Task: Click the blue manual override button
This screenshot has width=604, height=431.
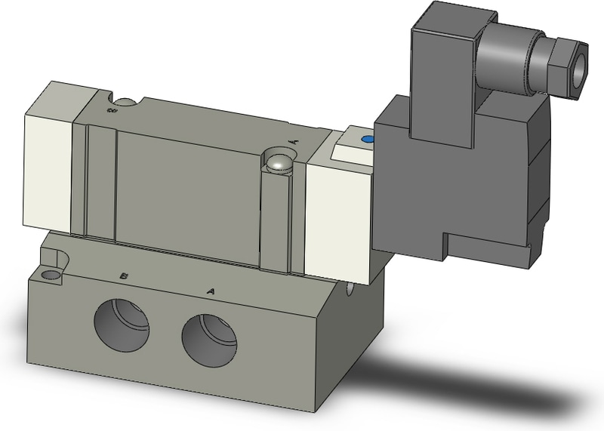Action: coord(368,140)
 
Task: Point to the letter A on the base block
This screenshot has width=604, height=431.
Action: coord(211,290)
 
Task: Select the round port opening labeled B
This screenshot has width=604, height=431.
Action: coord(122,322)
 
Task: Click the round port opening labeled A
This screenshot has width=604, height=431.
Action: coord(208,337)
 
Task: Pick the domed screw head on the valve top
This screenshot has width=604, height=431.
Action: coord(279,162)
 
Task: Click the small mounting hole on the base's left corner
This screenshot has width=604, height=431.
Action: coord(51,275)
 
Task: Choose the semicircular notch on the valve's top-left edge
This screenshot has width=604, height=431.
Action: coord(124,100)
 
